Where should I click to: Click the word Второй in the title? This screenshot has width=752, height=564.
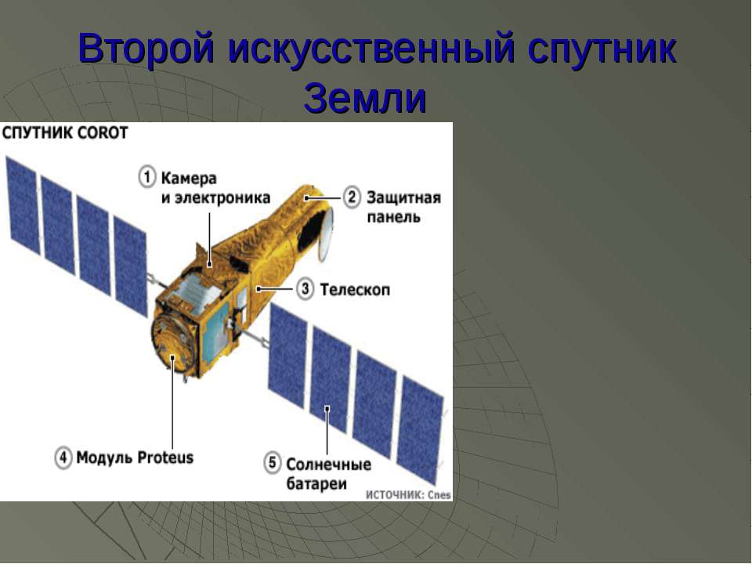(x=146, y=48)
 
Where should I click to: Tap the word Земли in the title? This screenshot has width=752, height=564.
(x=365, y=98)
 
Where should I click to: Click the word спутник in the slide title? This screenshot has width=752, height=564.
(x=602, y=49)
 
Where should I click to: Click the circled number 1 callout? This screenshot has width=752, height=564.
(x=147, y=176)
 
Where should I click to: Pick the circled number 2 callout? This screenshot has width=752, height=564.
(x=352, y=197)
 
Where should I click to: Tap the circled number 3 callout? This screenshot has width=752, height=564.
(x=305, y=289)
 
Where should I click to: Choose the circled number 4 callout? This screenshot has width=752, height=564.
(x=63, y=457)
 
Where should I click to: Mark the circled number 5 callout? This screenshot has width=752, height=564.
(x=272, y=463)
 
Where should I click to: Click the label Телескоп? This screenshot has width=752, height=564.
(x=355, y=290)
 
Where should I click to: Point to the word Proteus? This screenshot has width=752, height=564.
(x=165, y=457)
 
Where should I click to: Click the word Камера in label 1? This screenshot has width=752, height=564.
(x=189, y=179)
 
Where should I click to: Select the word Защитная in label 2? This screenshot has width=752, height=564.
(x=404, y=197)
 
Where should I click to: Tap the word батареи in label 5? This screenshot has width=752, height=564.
(x=316, y=483)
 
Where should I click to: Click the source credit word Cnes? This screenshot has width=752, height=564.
(x=439, y=495)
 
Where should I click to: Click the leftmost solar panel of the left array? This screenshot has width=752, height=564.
(x=22, y=204)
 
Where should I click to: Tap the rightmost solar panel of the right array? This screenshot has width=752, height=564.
(x=420, y=430)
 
